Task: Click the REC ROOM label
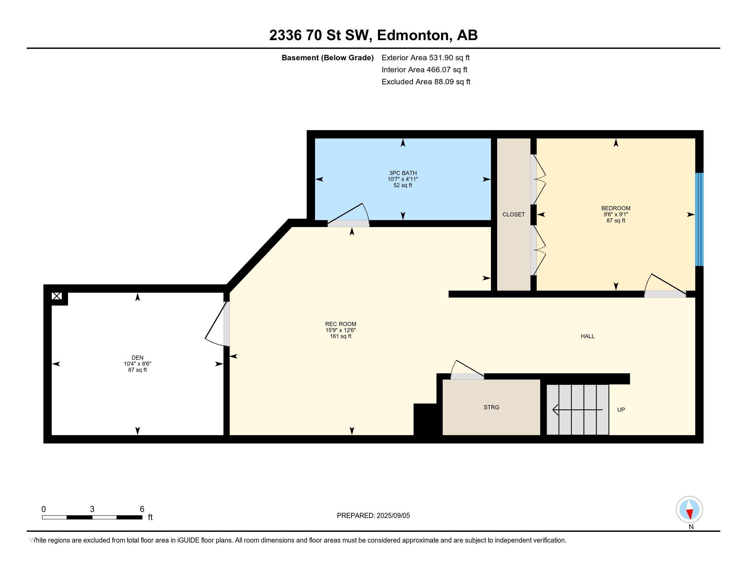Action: tap(340, 324)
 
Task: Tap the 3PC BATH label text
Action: tap(403, 173)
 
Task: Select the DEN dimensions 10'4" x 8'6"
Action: tap(137, 364)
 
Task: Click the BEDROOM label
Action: tap(616, 208)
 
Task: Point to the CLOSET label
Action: tap(513, 214)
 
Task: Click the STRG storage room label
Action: tap(491, 407)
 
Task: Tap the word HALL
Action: tap(587, 336)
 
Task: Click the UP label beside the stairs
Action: tap(621, 410)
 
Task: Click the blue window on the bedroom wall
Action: tap(699, 219)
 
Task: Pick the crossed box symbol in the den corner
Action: tap(57, 296)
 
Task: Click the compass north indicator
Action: tap(689, 509)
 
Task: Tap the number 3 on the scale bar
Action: tap(92, 509)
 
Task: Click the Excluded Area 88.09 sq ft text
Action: tap(426, 82)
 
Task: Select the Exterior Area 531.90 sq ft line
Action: tap(425, 58)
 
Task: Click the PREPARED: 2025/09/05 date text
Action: tap(373, 516)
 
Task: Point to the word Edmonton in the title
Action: tap(413, 35)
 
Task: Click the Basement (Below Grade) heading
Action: tap(327, 58)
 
